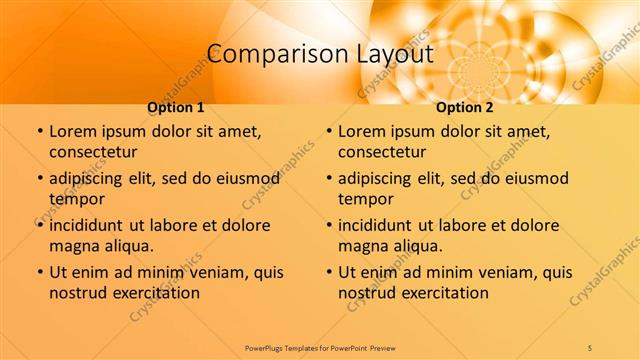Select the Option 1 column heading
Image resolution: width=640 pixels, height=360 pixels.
coord(176,107)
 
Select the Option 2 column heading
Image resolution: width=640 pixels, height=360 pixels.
coord(465,107)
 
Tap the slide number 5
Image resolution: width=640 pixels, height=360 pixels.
coord(590,347)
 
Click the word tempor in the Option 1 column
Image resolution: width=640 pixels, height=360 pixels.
coord(76,199)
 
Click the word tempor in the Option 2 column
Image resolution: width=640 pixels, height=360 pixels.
coord(365,199)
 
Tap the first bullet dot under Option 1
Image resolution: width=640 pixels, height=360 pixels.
coord(40,131)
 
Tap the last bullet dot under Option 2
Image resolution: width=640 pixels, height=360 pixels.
coord(329,272)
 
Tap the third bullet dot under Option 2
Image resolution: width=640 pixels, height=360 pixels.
coord(329,225)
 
